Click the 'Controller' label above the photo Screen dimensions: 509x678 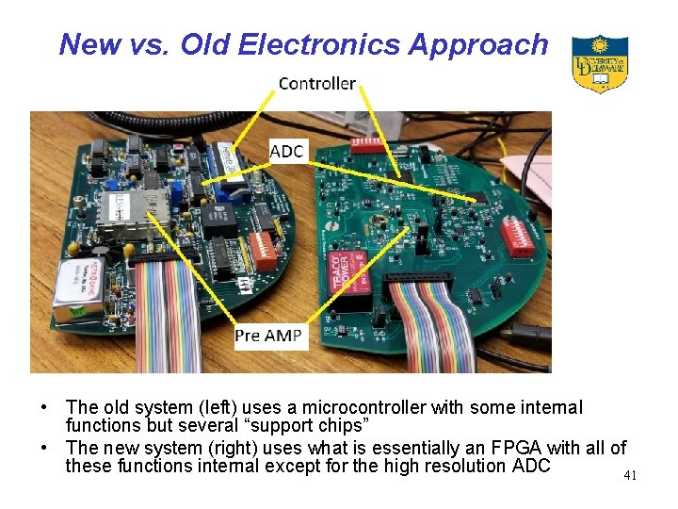(317, 84)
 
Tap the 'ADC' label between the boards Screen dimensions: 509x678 (286, 152)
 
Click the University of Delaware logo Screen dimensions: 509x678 (600, 63)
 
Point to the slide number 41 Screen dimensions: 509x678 (630, 476)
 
